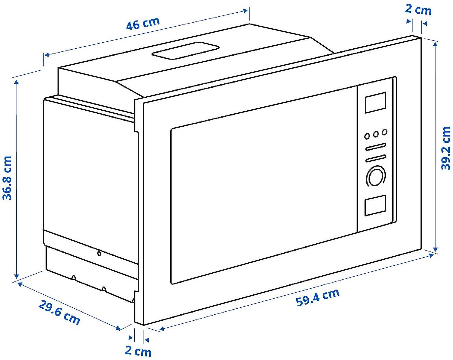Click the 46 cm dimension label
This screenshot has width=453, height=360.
(143, 24)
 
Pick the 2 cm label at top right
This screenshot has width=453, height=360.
(418, 10)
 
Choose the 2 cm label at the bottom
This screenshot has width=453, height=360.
(138, 351)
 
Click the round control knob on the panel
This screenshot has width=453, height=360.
(375, 176)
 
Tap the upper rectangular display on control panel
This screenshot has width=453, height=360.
(376, 102)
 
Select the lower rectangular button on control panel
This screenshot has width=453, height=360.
(375, 206)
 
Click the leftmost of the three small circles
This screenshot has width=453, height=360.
(367, 136)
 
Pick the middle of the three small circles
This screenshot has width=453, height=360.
(376, 134)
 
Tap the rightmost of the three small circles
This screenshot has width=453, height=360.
(384, 132)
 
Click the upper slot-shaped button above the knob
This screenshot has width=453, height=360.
(376, 147)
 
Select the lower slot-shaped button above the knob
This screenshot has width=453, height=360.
(376, 158)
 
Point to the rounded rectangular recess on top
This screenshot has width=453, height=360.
(185, 50)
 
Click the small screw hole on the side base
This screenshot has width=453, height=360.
(99, 254)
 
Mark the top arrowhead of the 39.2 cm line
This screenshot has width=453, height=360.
(435, 44)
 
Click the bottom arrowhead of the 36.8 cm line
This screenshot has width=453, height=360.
(17, 276)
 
